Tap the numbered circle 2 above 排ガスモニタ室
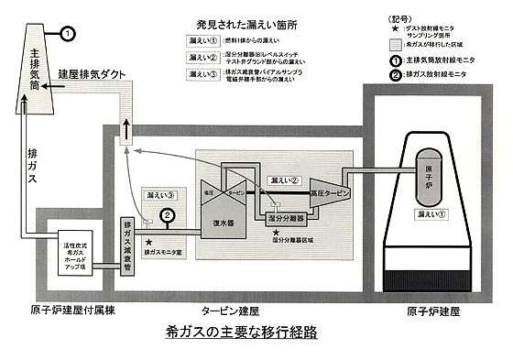point(167,216)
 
